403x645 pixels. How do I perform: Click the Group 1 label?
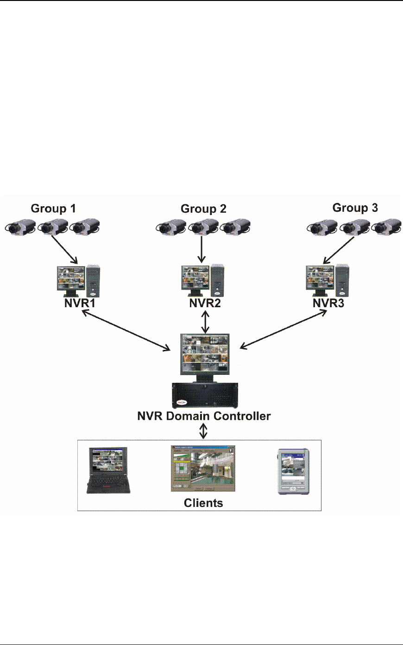pyautogui.click(x=53, y=209)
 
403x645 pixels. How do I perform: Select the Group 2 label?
pyautogui.click(x=203, y=209)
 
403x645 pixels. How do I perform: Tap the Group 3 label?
pyautogui.click(x=355, y=208)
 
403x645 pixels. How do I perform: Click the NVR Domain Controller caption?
pyautogui.click(x=204, y=416)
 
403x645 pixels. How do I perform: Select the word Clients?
pyautogui.click(x=203, y=503)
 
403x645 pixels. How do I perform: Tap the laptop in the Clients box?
pyautogui.click(x=108, y=470)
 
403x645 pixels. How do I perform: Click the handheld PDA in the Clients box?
pyautogui.click(x=292, y=471)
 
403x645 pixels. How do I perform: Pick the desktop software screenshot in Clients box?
pyautogui.click(x=203, y=468)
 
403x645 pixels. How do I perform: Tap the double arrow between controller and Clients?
pyautogui.click(x=203, y=430)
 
